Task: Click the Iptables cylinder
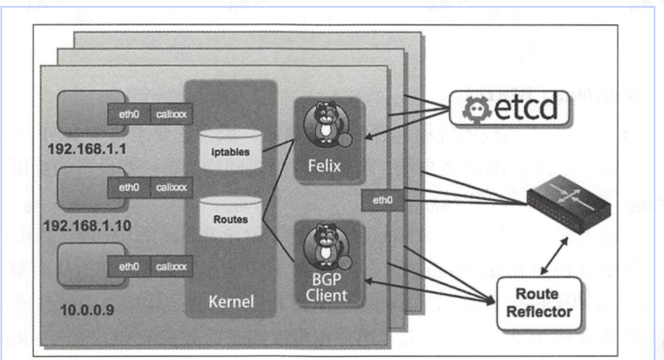click(x=230, y=150)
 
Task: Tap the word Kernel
click(x=231, y=302)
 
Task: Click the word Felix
click(x=324, y=165)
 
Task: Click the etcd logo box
click(x=509, y=108)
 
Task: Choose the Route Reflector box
click(x=539, y=303)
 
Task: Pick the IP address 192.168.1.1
click(x=87, y=149)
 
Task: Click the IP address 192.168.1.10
click(x=87, y=226)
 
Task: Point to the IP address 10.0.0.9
click(x=87, y=310)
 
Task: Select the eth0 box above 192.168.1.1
click(x=129, y=114)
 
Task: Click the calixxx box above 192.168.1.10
click(x=171, y=187)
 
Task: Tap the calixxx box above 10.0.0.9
click(x=171, y=266)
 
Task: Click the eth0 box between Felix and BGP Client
click(x=382, y=200)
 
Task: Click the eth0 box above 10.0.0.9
click(x=129, y=266)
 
